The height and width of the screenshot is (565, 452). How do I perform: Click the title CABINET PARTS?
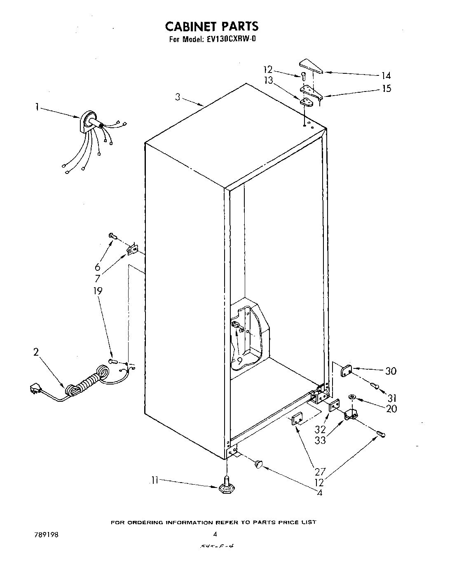pos(211,26)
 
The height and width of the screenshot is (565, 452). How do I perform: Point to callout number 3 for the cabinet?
pos(178,97)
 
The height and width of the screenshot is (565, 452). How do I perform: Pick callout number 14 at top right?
pos(386,75)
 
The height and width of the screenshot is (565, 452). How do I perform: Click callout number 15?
pos(386,88)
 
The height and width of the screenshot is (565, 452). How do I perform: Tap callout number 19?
pos(97,291)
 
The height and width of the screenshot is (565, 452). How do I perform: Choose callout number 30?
pos(391,371)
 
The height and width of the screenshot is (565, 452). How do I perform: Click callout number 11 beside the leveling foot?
pos(155,480)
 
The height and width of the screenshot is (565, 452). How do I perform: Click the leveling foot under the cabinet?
pos(226,487)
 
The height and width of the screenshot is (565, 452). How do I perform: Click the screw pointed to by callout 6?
pos(112,235)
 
